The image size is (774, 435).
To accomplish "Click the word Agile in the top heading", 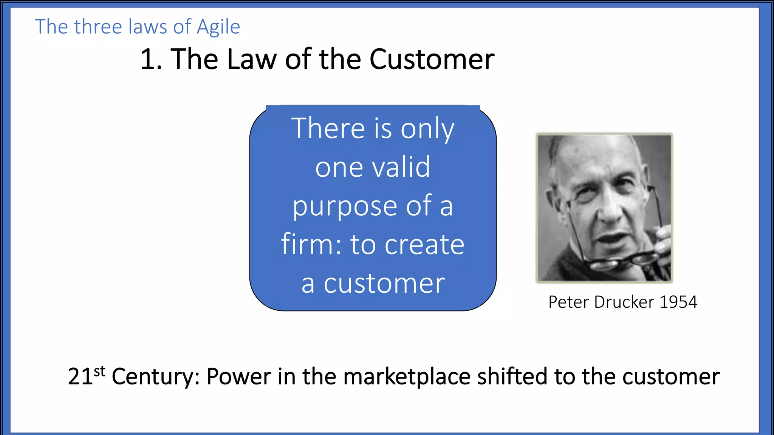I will pos(218,27).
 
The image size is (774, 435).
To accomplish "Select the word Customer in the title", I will pos(432,60).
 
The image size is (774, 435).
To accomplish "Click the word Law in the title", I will pos(251,60).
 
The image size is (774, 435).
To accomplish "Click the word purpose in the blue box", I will pos(344,207).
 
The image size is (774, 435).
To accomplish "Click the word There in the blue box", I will pos(328,128).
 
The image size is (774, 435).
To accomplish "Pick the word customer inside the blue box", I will pos(384,284).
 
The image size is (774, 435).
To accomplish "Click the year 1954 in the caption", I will pos(678,302).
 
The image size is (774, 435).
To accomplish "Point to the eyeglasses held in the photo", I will pos(627,261).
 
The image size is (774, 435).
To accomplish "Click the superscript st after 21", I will pos(99,371).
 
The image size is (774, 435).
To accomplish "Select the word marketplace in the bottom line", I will pos(407,376).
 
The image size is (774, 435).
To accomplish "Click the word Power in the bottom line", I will pos(239,376).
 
